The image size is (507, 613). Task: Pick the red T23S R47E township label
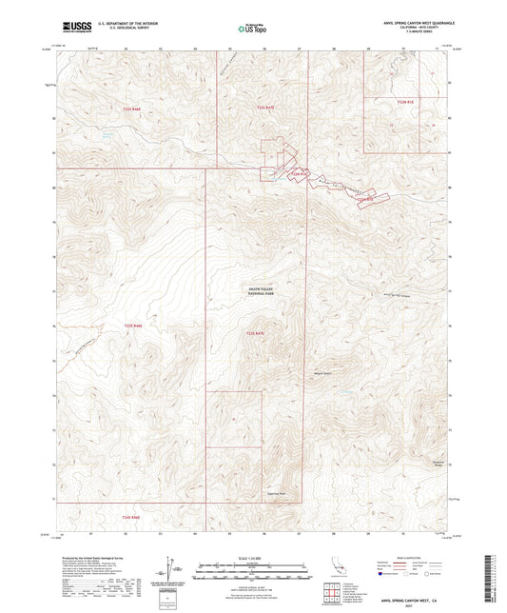tap(252, 332)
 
